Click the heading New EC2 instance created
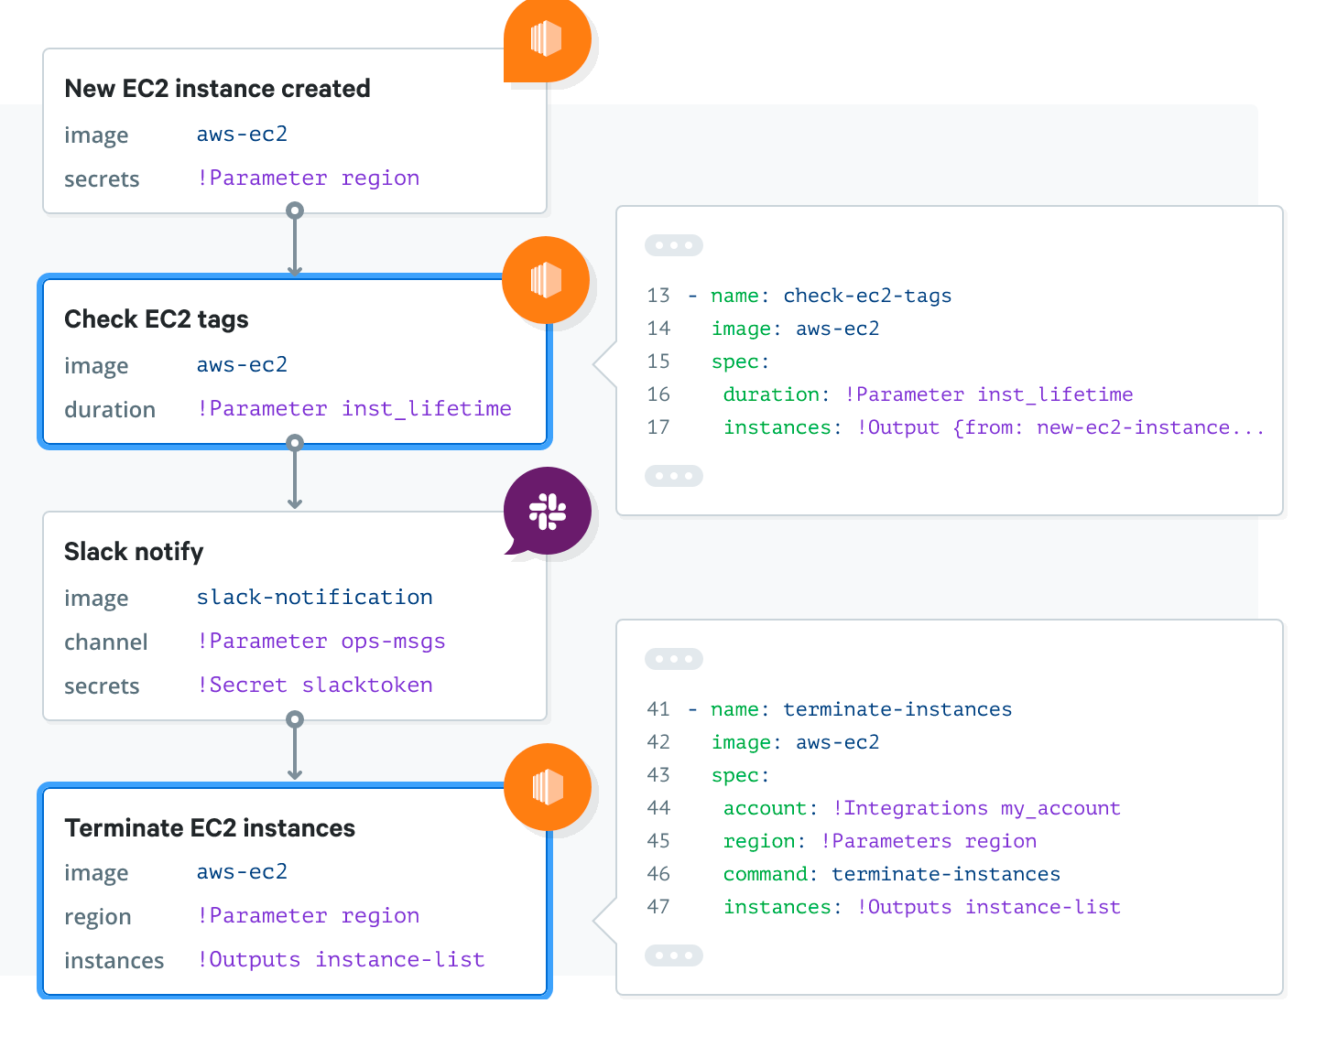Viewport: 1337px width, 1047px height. click(x=217, y=89)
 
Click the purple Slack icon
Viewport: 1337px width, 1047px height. click(x=548, y=512)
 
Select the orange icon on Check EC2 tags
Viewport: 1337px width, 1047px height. click(x=546, y=280)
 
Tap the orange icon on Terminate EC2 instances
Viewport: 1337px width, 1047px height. click(x=548, y=787)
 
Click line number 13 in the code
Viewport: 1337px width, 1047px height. click(x=658, y=296)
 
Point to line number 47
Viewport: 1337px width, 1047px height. click(x=658, y=907)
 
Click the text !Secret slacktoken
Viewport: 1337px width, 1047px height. click(x=314, y=685)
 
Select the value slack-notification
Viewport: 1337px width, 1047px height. click(x=314, y=598)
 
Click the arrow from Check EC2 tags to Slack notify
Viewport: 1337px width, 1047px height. click(x=294, y=476)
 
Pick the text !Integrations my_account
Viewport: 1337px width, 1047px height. click(x=976, y=808)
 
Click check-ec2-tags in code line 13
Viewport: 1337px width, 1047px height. click(x=866, y=296)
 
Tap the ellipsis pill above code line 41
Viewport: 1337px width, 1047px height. click(x=674, y=659)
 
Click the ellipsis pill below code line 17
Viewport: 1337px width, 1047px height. click(x=674, y=476)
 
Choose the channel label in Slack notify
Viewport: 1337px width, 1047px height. click(x=105, y=642)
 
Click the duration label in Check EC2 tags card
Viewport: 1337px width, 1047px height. click(x=110, y=410)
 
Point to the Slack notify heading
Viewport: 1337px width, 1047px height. click(x=134, y=552)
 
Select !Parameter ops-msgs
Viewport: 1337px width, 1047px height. click(x=321, y=642)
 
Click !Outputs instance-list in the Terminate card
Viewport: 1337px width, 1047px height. click(x=341, y=960)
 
